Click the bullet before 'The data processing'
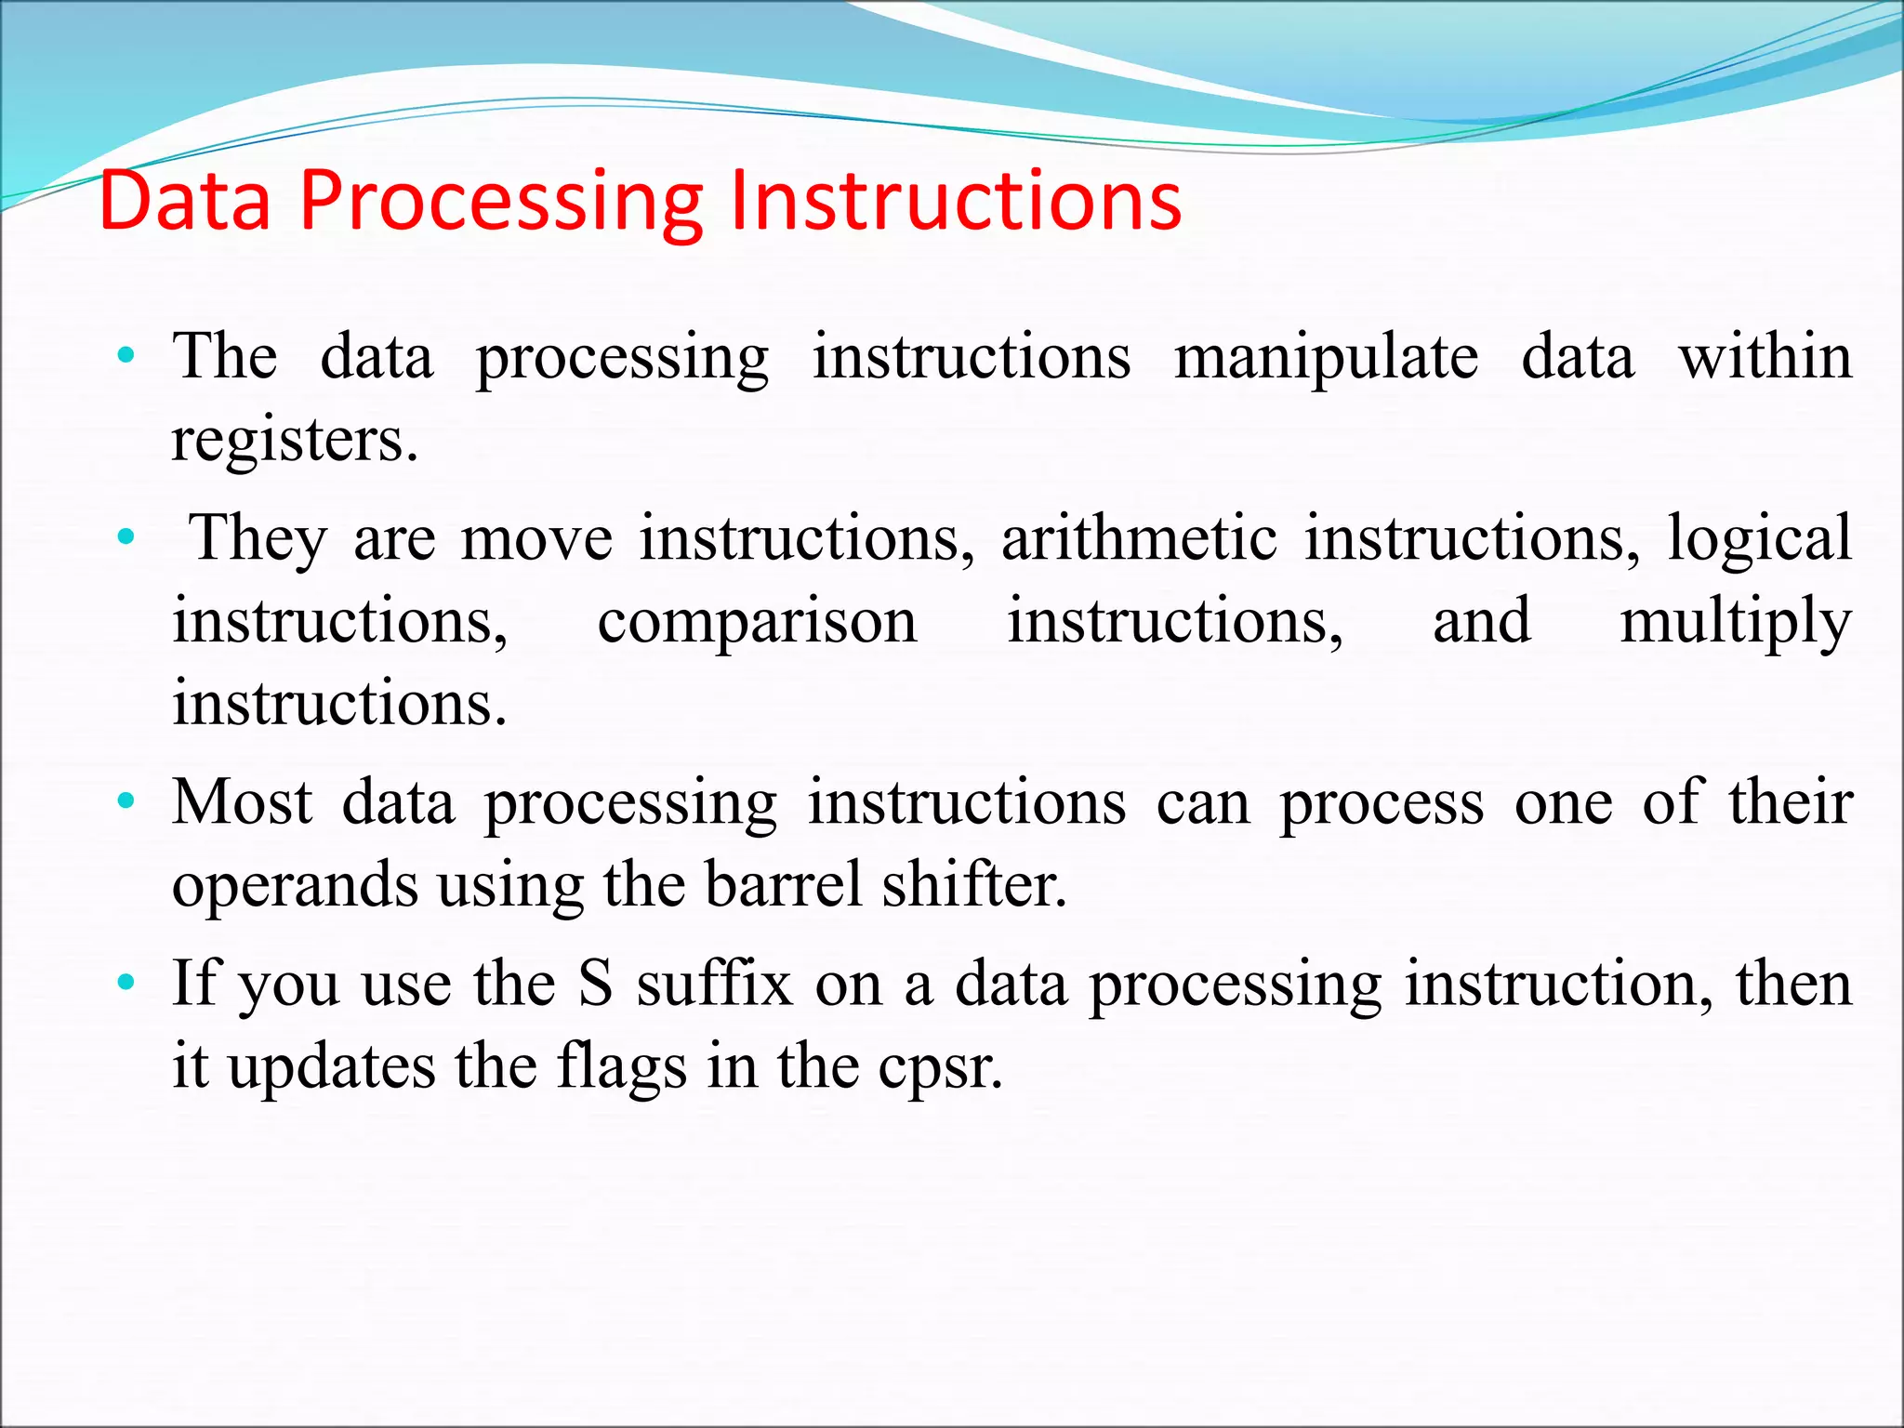point(126,355)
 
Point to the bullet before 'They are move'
point(126,536)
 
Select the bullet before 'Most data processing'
point(126,800)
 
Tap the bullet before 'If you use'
point(126,982)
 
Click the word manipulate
point(1326,358)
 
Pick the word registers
point(294,440)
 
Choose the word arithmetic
point(1139,538)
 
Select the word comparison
point(757,621)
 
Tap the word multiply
point(1735,621)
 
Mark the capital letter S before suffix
point(596,984)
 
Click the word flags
point(622,1065)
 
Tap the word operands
point(295,883)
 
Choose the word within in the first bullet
point(1765,356)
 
